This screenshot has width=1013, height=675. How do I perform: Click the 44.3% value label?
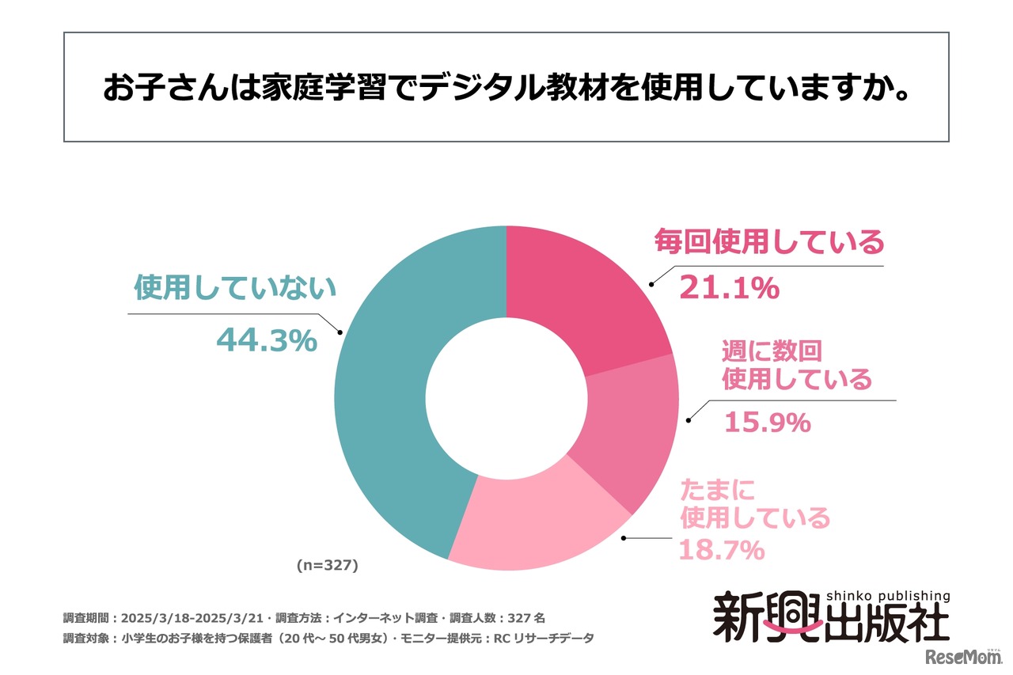tap(267, 340)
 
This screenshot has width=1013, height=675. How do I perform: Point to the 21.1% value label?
tap(730, 290)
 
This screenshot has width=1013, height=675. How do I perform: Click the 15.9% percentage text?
tap(767, 423)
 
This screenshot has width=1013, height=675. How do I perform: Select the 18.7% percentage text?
tap(721, 549)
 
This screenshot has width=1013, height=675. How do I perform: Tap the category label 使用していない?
tap(235, 290)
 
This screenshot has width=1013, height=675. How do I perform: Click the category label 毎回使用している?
tap(768, 243)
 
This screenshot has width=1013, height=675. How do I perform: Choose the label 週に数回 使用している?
tap(795, 365)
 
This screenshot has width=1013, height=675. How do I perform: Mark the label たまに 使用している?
tap(755, 504)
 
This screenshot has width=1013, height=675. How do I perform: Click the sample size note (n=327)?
tap(328, 565)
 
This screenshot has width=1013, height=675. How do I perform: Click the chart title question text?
tap(506, 88)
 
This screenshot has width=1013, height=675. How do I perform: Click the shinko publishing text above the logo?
tap(888, 596)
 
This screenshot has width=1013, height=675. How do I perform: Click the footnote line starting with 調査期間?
tap(304, 617)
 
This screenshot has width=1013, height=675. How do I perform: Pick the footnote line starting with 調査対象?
tap(328, 637)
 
